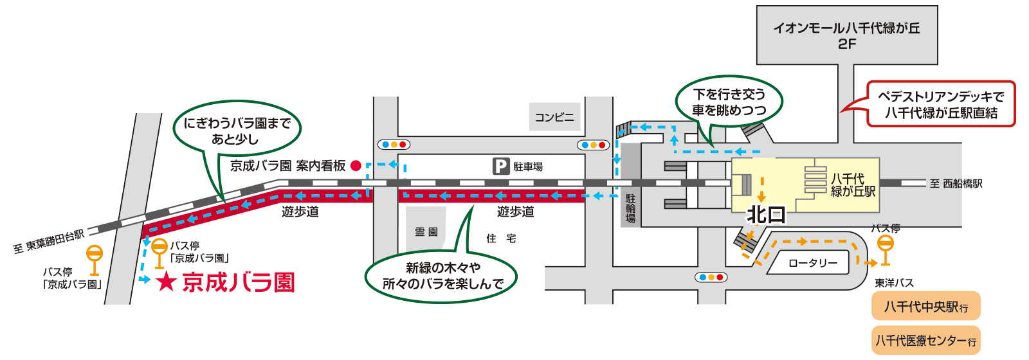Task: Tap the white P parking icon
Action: point(501,166)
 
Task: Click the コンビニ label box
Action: point(555,117)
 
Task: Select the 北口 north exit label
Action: point(765,215)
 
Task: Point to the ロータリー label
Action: point(813,263)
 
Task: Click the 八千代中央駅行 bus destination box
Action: point(926,307)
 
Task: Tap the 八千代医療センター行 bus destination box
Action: point(926,341)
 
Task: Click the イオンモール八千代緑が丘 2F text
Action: point(846,36)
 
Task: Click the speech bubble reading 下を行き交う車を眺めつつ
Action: point(729,102)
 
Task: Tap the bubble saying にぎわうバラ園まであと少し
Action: point(237,130)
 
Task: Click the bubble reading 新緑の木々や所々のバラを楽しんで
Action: point(442,275)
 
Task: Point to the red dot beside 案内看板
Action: point(356,166)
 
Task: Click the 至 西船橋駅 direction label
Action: point(956,184)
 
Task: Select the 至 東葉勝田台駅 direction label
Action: point(50,241)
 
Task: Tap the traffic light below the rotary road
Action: point(711,277)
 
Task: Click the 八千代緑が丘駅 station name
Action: point(853,184)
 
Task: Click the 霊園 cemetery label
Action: point(426,232)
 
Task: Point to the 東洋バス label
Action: point(894,283)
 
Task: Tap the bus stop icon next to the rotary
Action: point(886,250)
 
